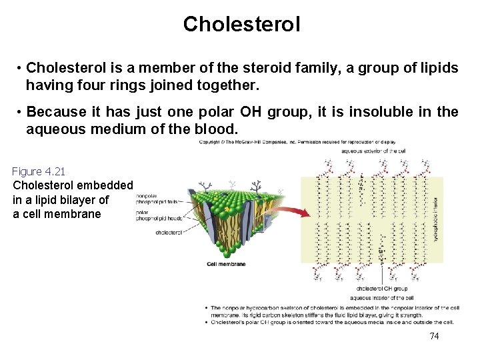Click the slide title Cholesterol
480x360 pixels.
[241, 25]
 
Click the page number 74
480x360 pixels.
[434, 336]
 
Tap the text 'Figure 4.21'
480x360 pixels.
[39, 172]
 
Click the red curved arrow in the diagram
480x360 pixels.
[293, 210]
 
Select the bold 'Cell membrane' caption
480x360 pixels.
[226, 264]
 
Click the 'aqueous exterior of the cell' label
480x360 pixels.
[373, 151]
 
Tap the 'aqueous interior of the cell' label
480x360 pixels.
[382, 297]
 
